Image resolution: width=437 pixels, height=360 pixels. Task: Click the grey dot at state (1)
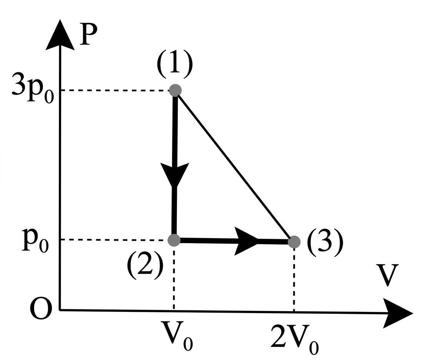(175, 90)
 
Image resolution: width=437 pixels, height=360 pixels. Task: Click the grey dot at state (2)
(174, 240)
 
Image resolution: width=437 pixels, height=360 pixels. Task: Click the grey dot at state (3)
(294, 242)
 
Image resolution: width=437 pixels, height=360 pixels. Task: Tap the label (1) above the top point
(174, 65)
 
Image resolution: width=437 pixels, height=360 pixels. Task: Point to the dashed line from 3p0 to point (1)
(115, 91)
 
